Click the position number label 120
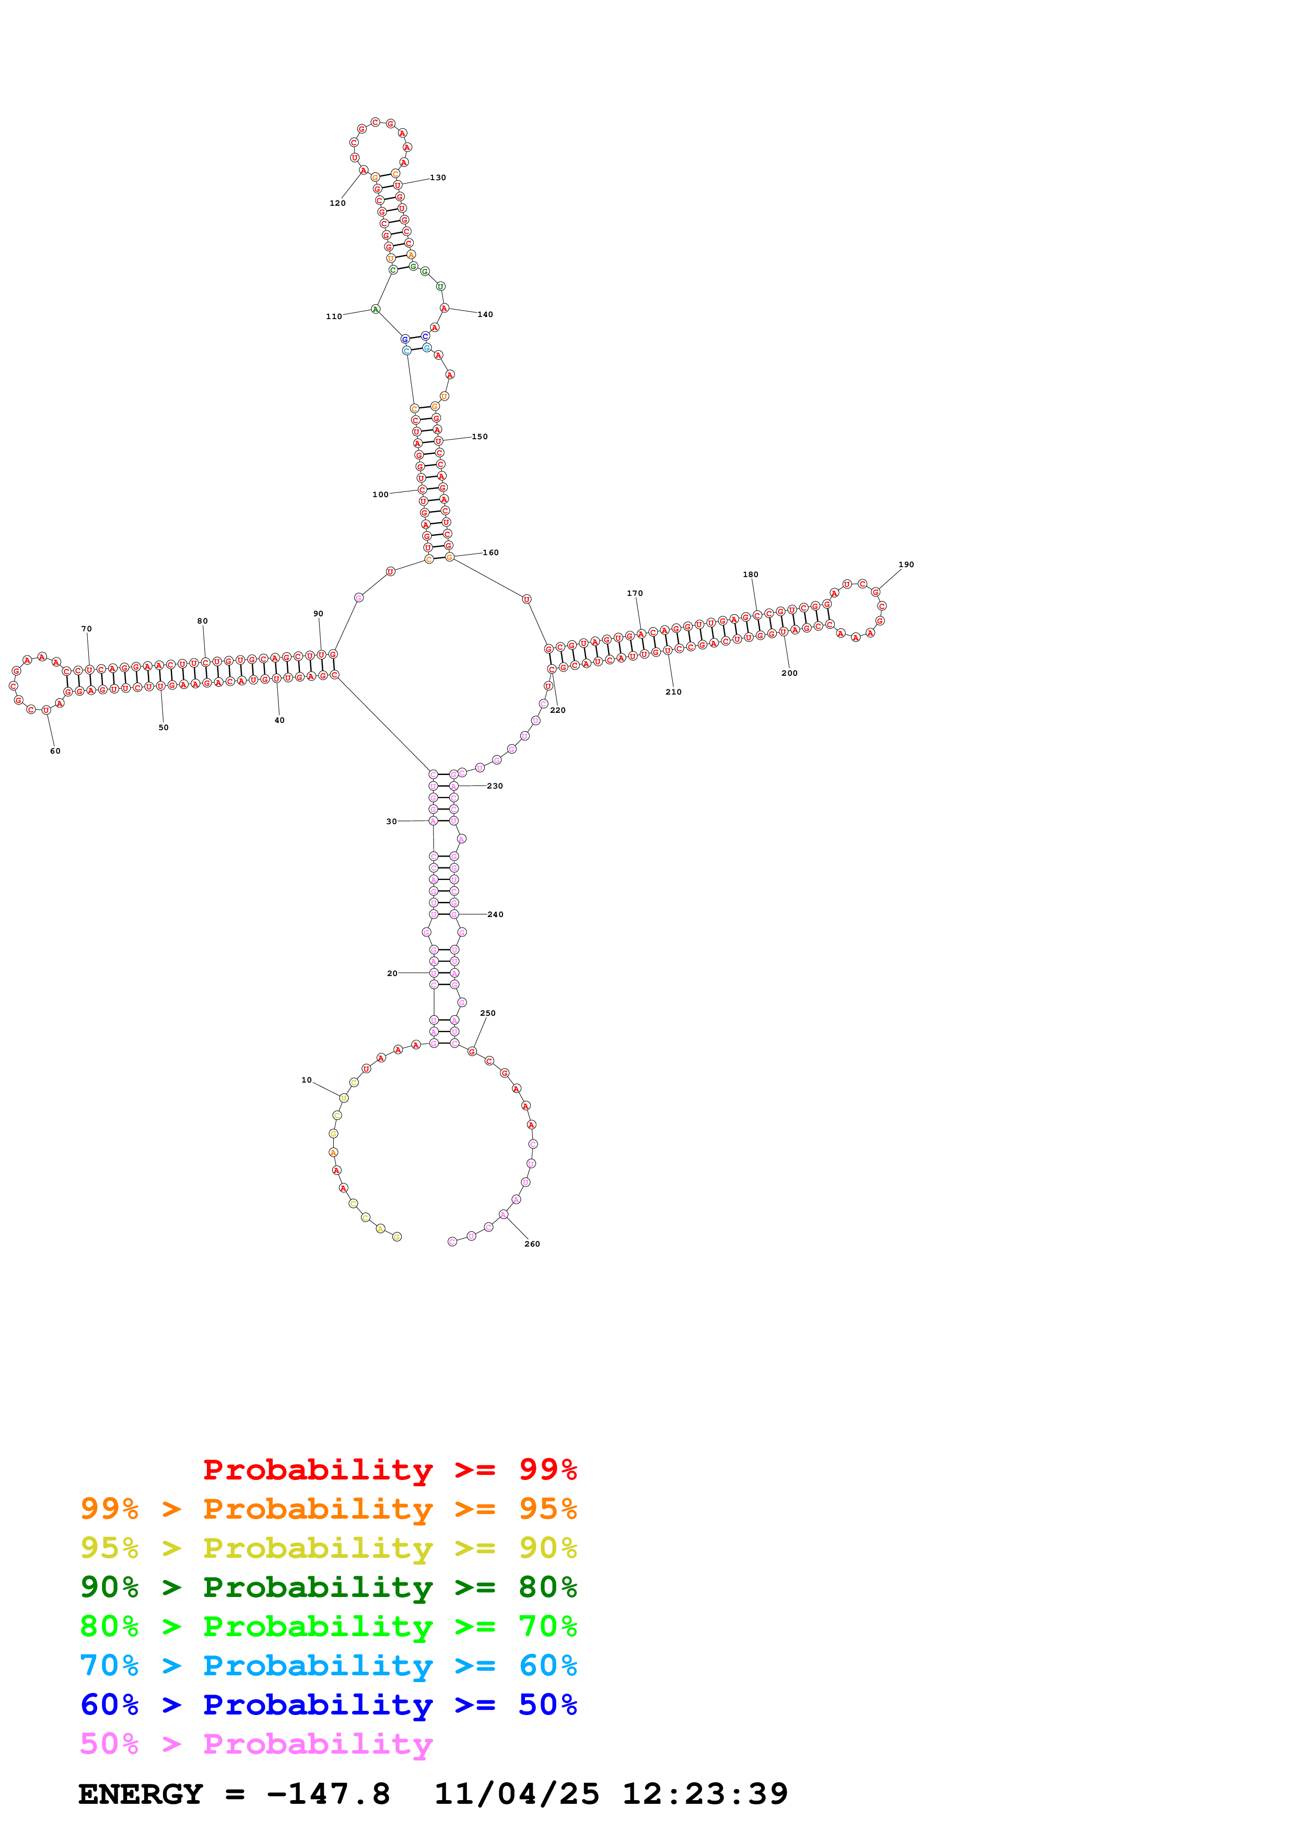337,204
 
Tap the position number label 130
438,178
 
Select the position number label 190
906,565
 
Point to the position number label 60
55,751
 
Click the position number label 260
532,1244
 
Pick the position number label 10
307,1081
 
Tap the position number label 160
491,553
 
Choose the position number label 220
558,710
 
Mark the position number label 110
333,317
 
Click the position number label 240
496,914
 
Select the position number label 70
86,629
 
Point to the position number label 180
751,574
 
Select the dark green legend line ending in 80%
328,1587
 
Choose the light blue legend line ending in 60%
328,1665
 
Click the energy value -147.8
329,1794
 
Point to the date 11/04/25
516,1794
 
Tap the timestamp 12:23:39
705,1794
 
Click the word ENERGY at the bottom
141,1794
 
